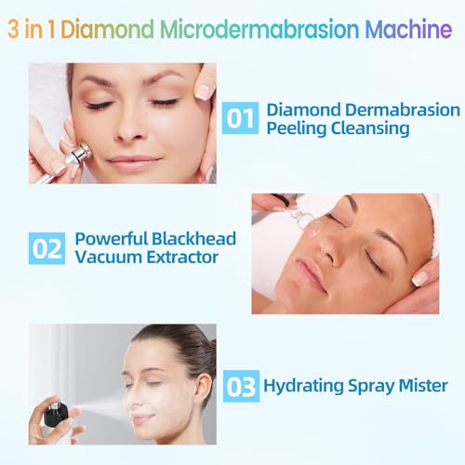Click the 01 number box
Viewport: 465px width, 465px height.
click(240, 118)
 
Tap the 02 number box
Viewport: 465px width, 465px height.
click(46, 248)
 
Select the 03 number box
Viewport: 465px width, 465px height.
click(241, 384)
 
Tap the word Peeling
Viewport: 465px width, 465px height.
click(295, 128)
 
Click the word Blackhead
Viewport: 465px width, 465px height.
click(187, 238)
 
